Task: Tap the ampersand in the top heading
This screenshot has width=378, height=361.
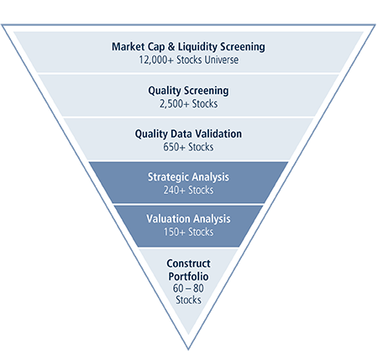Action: click(x=171, y=47)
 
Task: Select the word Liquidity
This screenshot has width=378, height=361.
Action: click(x=197, y=47)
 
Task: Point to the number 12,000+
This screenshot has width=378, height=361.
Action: click(x=156, y=60)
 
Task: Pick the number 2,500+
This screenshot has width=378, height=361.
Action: click(x=175, y=104)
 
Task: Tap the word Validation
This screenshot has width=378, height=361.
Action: click(x=218, y=133)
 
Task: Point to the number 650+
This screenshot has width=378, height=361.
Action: click(x=174, y=147)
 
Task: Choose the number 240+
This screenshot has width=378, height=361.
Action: click(x=175, y=191)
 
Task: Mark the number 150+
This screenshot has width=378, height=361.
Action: click(x=175, y=232)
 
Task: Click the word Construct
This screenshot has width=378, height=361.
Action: click(x=188, y=264)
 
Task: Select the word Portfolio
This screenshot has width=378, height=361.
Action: click(x=188, y=277)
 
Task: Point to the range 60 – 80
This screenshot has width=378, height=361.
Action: click(x=188, y=288)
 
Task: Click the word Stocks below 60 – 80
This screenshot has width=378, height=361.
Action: click(x=188, y=300)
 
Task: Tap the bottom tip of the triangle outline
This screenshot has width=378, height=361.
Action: click(x=188, y=350)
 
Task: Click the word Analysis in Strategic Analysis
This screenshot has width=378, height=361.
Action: click(x=210, y=177)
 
